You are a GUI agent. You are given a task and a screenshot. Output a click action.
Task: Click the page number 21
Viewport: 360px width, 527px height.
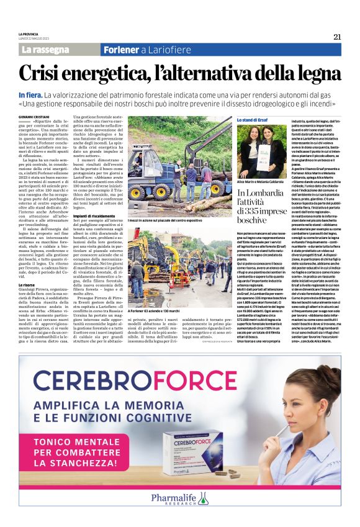(x=337, y=37)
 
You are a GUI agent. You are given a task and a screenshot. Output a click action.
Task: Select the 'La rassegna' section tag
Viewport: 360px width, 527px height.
(x=45, y=49)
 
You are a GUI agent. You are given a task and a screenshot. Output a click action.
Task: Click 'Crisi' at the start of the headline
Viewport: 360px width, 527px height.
(x=42, y=74)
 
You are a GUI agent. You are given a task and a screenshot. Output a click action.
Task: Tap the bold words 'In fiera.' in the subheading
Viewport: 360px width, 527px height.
(x=31, y=94)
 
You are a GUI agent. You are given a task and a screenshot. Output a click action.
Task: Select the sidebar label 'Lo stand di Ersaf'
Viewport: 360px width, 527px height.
(x=252, y=119)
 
